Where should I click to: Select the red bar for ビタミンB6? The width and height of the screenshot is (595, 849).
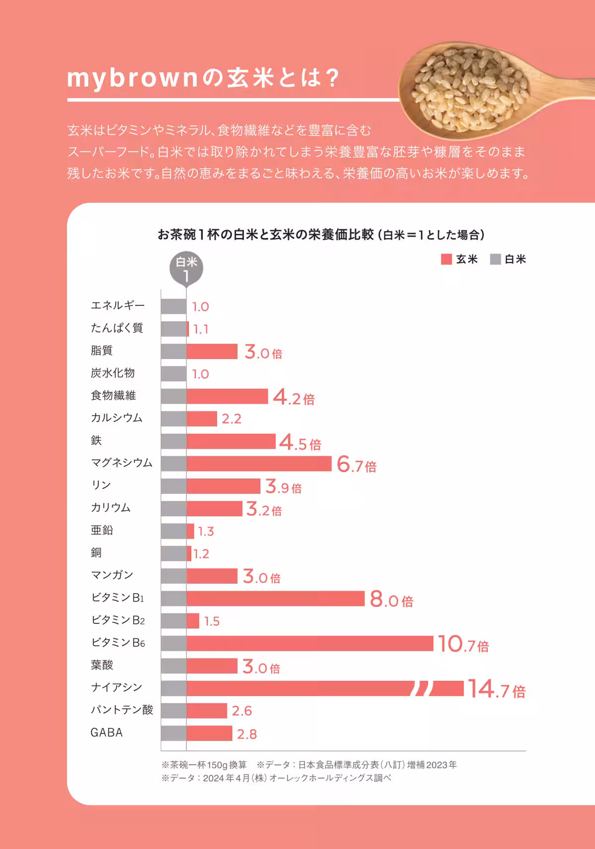[310, 643]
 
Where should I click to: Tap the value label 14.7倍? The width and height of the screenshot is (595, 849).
[496, 689]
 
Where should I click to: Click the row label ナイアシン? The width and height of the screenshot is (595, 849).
[117, 687]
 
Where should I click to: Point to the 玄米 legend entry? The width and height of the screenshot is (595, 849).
[459, 259]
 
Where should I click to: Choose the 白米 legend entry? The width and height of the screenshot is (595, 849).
[508, 259]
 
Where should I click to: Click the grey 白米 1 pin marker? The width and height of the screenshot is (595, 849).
[186, 268]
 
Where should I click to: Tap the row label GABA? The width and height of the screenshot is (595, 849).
[107, 732]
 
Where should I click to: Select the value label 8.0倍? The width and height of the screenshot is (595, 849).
[391, 600]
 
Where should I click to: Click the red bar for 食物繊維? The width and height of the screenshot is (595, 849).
[227, 396]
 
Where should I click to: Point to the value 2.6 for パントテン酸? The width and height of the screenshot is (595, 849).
[242, 711]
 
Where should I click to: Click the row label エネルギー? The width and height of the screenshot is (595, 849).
[118, 305]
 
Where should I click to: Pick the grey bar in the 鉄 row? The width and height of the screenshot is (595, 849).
[174, 441]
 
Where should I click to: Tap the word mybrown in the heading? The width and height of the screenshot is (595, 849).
[132, 78]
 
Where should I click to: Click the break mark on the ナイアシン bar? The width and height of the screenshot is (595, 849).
[422, 688]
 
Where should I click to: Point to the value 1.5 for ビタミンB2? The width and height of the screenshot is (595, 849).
[212, 621]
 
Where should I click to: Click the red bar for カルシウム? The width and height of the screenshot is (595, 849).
[202, 419]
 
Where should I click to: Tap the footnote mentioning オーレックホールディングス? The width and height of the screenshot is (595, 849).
[276, 778]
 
